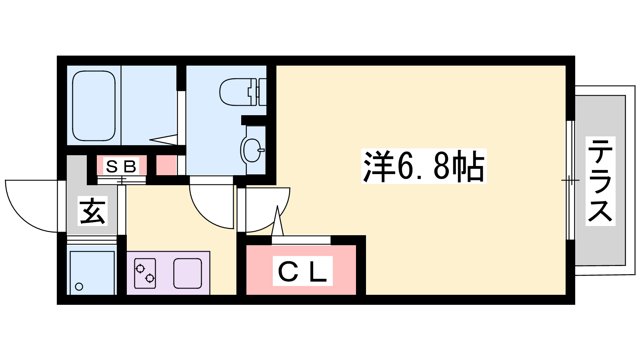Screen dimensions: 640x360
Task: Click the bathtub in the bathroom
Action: point(94,106)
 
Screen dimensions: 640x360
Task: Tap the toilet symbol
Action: point(243,92)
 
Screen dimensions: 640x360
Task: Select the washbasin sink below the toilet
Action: point(253,150)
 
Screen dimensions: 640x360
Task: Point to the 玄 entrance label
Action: point(92,211)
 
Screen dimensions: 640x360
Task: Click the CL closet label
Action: point(302,271)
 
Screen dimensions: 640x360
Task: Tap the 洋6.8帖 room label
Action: point(424,166)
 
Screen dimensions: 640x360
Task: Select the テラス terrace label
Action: point(600,181)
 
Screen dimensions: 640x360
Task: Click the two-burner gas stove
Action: point(145,274)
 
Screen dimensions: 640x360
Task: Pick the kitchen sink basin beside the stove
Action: point(188,274)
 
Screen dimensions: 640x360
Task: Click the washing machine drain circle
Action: point(79,286)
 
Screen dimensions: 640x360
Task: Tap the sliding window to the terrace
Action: point(570,180)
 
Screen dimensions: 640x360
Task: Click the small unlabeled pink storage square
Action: point(166,165)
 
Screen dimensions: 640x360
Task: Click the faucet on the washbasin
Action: point(261,150)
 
